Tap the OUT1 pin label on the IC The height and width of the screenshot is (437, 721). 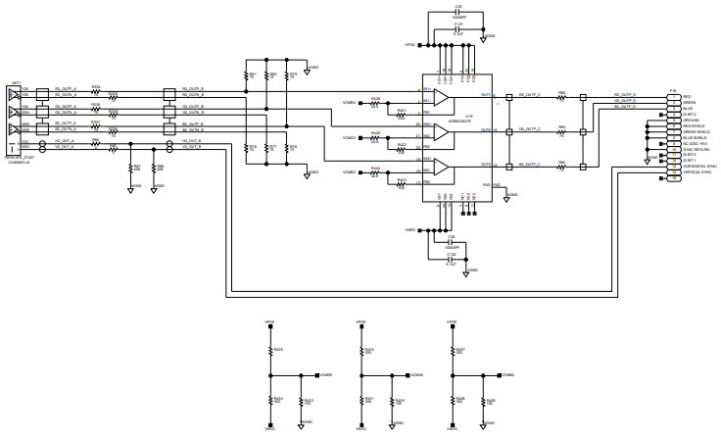486,95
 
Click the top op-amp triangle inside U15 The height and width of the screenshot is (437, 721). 441,100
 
